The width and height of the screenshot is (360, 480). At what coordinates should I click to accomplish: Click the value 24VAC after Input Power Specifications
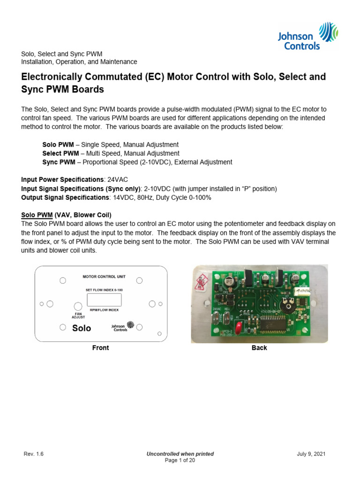click(x=118, y=180)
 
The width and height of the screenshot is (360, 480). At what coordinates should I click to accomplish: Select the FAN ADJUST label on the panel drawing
click(x=78, y=315)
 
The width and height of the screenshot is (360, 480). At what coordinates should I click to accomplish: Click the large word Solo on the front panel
click(x=82, y=328)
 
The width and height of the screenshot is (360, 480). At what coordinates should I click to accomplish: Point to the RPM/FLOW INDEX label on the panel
click(x=104, y=310)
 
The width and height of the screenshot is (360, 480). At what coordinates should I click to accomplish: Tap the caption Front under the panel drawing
click(x=100, y=348)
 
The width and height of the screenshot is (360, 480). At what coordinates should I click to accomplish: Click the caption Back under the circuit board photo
click(x=259, y=348)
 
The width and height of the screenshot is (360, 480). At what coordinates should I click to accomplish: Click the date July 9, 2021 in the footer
click(x=311, y=454)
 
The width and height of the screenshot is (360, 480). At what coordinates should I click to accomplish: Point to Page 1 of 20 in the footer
click(x=180, y=460)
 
